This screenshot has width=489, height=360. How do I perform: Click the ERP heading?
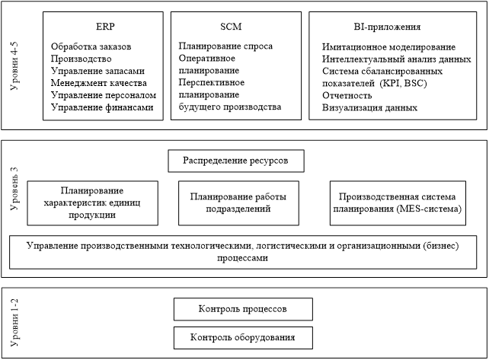(x=105, y=27)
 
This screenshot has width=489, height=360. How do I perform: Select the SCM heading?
(x=231, y=27)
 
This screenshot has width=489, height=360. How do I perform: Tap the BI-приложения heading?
(x=387, y=27)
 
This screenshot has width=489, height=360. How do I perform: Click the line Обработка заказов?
(x=91, y=46)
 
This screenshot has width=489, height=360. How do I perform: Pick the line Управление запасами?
(x=97, y=71)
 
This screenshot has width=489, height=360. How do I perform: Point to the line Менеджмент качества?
(x=98, y=83)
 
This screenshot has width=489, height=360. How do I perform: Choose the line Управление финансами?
(x=102, y=107)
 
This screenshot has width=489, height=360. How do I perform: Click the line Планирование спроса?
(x=225, y=46)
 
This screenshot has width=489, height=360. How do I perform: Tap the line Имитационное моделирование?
(x=388, y=47)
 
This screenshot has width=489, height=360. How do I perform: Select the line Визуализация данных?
(x=369, y=108)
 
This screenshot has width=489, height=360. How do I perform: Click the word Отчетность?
(x=347, y=96)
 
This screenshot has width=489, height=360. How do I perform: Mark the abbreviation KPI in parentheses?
(x=391, y=84)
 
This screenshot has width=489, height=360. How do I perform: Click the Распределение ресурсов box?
(x=236, y=161)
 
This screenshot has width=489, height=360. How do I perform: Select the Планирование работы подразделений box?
(x=238, y=203)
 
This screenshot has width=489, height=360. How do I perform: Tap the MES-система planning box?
(x=398, y=203)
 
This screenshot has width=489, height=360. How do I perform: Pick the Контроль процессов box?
(x=243, y=309)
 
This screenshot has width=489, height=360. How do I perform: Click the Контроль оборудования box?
(x=243, y=338)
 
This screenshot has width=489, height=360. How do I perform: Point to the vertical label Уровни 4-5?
(x=14, y=65)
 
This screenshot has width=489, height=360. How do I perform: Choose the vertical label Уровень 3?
(x=14, y=189)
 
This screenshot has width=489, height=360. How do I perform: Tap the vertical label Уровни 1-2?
(x=14, y=323)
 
